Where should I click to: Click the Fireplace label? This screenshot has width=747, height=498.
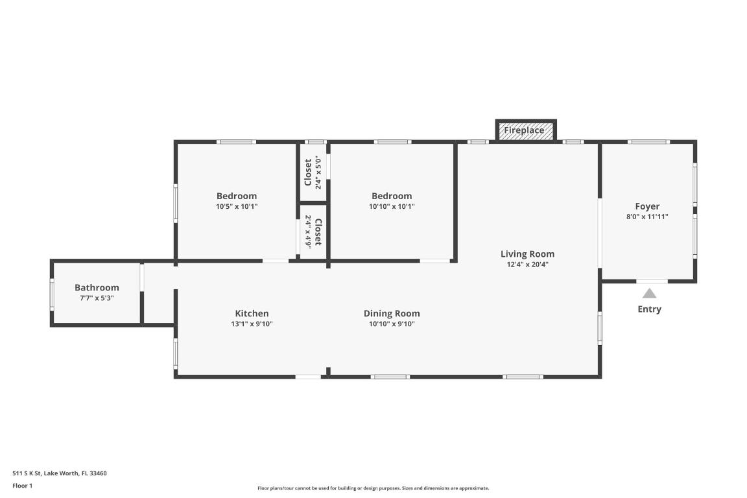[x=524, y=130]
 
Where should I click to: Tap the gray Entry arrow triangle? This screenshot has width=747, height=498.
[x=649, y=293]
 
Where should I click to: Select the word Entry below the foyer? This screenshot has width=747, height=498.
[x=649, y=309]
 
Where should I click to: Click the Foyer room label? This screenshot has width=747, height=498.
[x=647, y=206]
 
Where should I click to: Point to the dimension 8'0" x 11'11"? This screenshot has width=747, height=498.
[x=647, y=217]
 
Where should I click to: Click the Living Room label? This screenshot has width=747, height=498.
[x=527, y=254]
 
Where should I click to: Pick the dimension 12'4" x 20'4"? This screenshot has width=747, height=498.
[x=527, y=265]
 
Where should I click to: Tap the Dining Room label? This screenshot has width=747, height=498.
[x=392, y=313]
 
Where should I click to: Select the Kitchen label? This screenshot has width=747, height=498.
[x=252, y=313]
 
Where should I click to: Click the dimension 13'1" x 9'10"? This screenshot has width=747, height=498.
[x=252, y=324]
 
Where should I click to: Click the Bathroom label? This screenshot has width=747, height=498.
[x=97, y=287]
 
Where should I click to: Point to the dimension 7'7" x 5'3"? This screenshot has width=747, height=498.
[x=97, y=298]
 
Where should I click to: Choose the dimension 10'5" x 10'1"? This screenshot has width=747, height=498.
[x=237, y=207]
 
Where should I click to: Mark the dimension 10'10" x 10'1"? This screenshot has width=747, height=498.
[x=392, y=207]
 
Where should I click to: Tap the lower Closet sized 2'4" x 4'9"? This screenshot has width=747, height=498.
[x=313, y=232]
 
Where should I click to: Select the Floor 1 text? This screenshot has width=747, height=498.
[x=22, y=486]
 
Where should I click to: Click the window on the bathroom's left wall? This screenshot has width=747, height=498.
[x=53, y=294]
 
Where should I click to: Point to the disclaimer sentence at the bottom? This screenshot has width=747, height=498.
[x=373, y=488]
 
